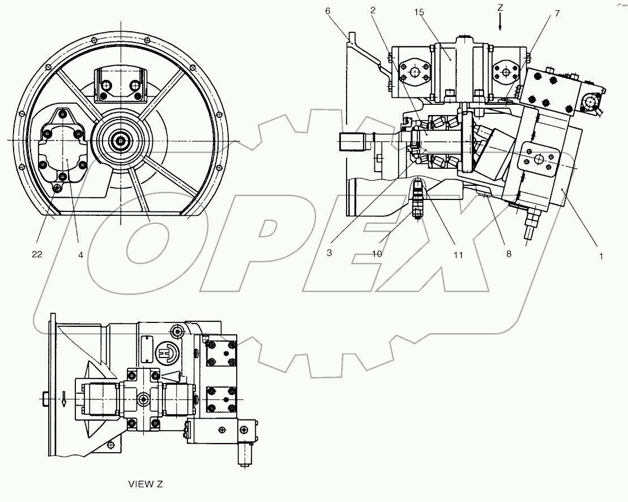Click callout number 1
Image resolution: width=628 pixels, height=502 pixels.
(601, 256)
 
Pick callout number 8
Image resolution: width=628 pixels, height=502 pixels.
(509, 254)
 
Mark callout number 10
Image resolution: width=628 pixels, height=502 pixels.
(377, 254)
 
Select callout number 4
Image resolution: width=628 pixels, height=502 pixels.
(81, 255)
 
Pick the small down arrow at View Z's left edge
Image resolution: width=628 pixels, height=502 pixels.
(65, 399)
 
